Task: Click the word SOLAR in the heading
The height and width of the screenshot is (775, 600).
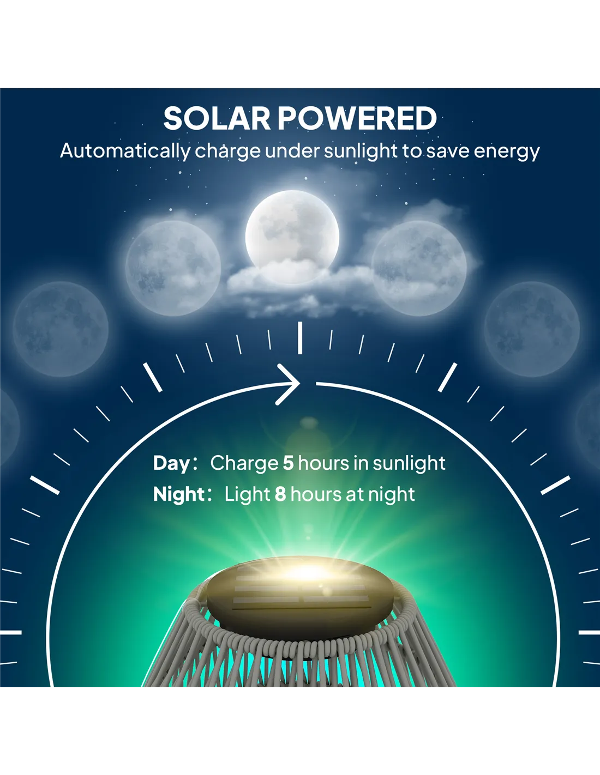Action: pyautogui.click(x=217, y=118)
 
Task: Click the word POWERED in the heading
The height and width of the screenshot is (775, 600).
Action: pyautogui.click(x=357, y=118)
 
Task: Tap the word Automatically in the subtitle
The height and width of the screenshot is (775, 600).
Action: pyautogui.click(x=125, y=151)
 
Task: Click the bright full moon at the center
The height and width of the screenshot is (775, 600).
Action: pyautogui.click(x=292, y=237)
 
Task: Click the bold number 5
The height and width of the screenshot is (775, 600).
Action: pyautogui.click(x=288, y=463)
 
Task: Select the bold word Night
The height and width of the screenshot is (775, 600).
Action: pyautogui.click(x=178, y=495)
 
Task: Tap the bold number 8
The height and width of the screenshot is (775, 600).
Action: pyautogui.click(x=280, y=494)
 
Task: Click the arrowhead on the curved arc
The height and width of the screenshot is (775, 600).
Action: pyautogui.click(x=288, y=384)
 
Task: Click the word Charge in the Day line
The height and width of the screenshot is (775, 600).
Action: pyautogui.click(x=244, y=464)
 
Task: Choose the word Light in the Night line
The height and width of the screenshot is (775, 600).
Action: pyautogui.click(x=247, y=495)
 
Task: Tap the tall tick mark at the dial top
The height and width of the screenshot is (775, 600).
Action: pyautogui.click(x=300, y=338)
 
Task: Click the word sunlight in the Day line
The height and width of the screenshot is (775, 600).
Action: pyautogui.click(x=409, y=464)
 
